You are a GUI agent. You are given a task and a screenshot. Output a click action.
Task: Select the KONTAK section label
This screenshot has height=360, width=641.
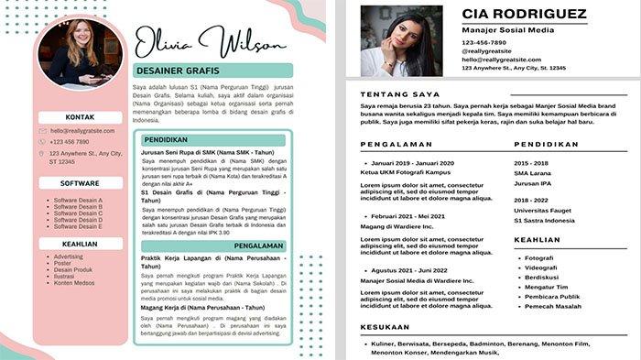pos(81,117)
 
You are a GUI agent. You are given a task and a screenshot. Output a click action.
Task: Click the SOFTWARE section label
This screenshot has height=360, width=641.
pos(81,183)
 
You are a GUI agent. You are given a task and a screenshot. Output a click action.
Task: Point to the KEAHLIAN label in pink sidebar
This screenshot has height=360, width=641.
pos(81,244)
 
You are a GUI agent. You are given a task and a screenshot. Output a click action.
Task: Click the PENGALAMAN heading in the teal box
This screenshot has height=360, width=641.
pos(259,245)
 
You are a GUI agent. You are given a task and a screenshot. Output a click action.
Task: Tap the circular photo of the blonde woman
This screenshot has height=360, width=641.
pos(81,52)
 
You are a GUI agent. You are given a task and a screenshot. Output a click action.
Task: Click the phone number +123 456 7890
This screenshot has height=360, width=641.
pos(70,142)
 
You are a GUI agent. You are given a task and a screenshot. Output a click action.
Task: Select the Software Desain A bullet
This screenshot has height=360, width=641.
pos(78,200)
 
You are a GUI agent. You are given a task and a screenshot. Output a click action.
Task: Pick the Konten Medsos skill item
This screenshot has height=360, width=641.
pos(75,282)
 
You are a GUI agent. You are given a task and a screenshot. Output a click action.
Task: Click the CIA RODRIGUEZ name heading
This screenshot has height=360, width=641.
pos(525,14)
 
